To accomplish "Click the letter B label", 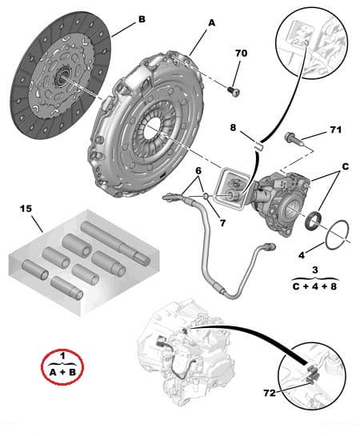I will point(142,18).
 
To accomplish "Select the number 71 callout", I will point(334,128).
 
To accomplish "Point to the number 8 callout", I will point(233,126).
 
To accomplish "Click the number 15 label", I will point(27,210).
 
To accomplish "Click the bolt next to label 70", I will point(233,90).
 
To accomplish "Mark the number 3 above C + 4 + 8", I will point(315,270).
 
